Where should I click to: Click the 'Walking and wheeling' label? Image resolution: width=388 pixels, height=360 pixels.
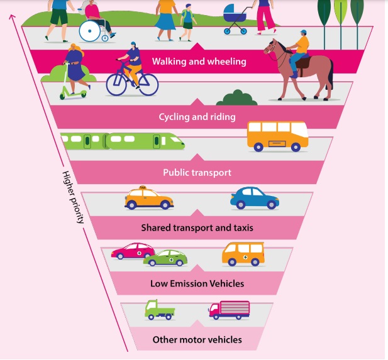pos(199,62)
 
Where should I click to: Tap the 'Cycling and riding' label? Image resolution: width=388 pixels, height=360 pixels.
pos(197,117)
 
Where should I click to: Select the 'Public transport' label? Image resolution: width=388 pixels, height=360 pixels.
pos(197,172)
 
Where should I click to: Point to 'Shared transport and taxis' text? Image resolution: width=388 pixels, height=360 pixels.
pos(197,227)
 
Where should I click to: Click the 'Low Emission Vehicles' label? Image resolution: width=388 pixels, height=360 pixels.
pos(197,283)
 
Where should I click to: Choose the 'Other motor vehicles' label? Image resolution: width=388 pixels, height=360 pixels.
pos(197,339)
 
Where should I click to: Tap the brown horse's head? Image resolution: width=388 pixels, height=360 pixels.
pos(272,48)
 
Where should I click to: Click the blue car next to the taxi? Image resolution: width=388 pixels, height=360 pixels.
pos(254,198)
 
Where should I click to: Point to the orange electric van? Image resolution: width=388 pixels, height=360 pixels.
pos(243,253)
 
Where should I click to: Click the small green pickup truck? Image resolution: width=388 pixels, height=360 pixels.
pos(159,309)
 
